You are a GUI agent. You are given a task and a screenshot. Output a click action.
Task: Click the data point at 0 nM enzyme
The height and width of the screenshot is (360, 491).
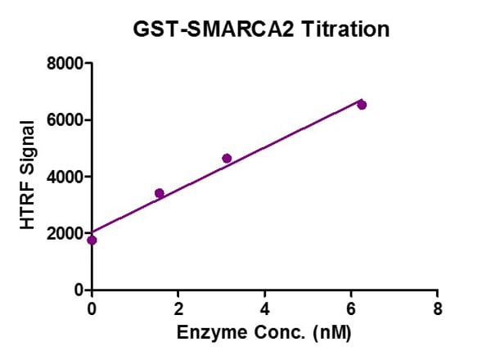(x=92, y=240)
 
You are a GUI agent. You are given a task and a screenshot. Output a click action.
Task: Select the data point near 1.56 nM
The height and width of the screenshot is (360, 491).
(x=159, y=193)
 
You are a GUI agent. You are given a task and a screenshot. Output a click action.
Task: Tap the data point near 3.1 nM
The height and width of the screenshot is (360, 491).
(x=227, y=158)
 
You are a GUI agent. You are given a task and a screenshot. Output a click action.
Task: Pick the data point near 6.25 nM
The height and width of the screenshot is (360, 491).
(x=362, y=105)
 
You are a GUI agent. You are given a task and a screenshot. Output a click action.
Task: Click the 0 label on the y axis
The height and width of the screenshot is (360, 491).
(x=80, y=290)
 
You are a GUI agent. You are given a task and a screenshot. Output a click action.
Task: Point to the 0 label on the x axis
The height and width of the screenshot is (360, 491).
(x=92, y=308)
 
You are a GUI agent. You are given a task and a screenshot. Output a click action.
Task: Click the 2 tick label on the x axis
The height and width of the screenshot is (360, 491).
(x=178, y=308)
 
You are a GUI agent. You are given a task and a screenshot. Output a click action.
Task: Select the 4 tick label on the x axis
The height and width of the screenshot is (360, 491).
(x=264, y=308)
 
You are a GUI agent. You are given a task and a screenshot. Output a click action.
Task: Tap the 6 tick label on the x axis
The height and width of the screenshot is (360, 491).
(x=351, y=308)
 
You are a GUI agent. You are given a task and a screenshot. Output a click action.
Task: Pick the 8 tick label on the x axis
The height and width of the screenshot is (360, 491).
(x=437, y=308)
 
